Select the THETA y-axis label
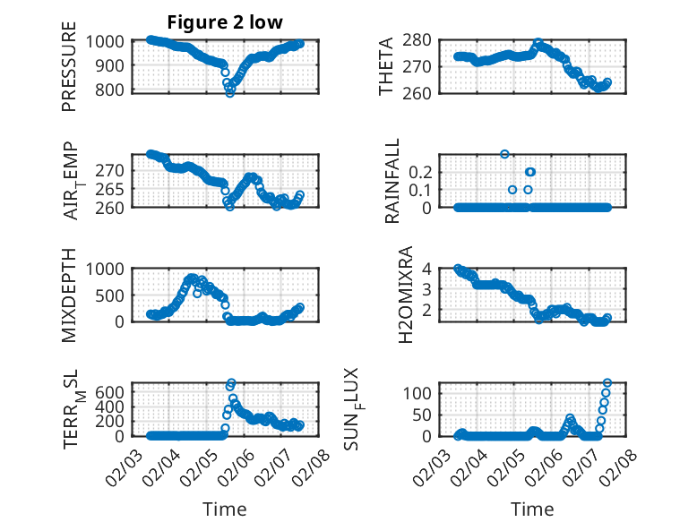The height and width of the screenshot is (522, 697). [x=386, y=65]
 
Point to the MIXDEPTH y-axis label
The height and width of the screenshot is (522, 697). [x=69, y=295]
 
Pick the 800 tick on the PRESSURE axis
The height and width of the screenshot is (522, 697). [x=113, y=90]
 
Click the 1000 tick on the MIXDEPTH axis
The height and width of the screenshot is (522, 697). [x=108, y=269]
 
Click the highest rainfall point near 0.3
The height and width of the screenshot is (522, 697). [x=504, y=154]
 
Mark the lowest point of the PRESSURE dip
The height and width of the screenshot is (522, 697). [x=229, y=92]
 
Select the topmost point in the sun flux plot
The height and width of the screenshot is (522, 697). [x=607, y=383]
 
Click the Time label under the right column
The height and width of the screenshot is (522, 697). [x=532, y=509]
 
